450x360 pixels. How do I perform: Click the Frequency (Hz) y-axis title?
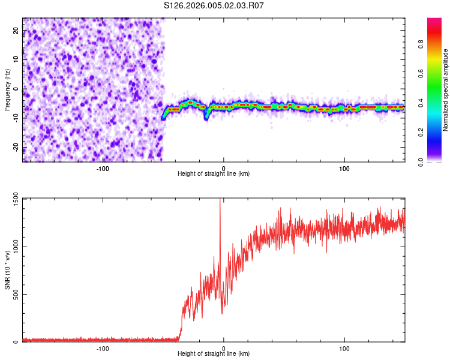point(7,90)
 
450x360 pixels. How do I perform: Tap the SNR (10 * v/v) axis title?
point(7,270)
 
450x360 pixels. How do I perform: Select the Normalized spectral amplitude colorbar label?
point(446,90)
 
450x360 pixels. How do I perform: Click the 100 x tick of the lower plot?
point(344,348)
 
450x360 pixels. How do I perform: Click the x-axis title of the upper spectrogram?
point(214,174)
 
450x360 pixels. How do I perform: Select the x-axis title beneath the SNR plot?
point(214,355)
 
